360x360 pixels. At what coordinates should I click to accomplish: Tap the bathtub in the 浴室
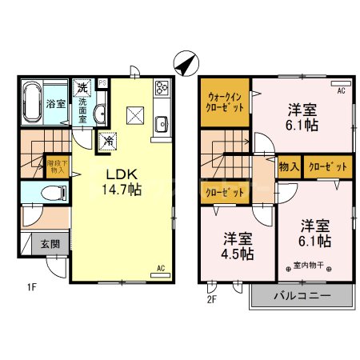(33, 102)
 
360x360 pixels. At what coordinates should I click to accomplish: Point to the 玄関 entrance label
(50, 244)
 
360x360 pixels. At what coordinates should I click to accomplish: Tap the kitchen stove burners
(160, 88)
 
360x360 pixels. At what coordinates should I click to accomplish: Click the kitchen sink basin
(160, 123)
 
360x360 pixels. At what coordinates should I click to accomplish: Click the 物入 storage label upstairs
(289, 167)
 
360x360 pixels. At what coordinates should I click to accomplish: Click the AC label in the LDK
(160, 268)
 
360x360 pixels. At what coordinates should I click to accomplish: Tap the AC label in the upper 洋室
(342, 91)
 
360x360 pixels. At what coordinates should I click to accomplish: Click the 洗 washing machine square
(82, 88)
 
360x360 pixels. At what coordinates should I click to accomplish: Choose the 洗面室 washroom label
(82, 110)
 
